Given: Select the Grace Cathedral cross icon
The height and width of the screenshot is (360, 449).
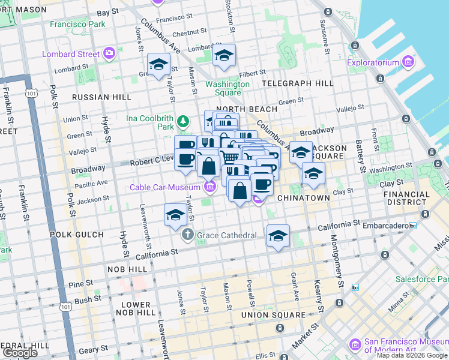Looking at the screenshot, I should tap(188, 235).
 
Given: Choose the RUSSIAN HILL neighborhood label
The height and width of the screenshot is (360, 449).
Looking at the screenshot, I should tap(101, 97).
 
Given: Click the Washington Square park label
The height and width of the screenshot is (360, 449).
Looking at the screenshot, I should tap(228, 88).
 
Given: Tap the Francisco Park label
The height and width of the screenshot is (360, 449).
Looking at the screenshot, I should tap(78, 25).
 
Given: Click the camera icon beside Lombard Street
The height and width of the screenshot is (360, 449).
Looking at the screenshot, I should tap(109, 54).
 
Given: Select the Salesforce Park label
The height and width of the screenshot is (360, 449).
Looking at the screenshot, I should tap(420, 279).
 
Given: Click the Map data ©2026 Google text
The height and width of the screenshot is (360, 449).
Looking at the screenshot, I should tap(412, 355).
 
